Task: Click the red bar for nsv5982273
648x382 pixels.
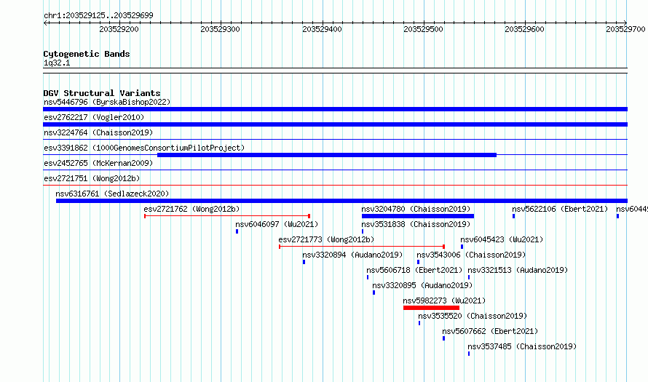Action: [431, 308]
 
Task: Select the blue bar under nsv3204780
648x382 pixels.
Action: [418, 216]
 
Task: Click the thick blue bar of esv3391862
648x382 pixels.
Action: [327, 155]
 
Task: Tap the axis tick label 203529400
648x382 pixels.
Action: [322, 29]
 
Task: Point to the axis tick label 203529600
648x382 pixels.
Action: [524, 29]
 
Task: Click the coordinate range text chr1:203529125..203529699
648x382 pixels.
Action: [98, 15]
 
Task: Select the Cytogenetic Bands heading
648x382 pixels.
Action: [87, 54]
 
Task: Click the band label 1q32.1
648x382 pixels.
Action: [57, 63]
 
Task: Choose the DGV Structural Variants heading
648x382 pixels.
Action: [102, 93]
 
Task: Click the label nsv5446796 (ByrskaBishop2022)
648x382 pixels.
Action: [107, 102]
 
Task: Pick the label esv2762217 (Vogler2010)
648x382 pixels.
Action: [94, 117]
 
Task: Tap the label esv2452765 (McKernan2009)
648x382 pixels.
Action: [98, 163]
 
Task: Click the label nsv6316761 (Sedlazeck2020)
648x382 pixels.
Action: [112, 194]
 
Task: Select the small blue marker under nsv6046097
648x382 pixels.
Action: [237, 231]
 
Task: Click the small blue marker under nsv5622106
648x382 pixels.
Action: [514, 216]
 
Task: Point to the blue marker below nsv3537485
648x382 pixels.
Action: [469, 354]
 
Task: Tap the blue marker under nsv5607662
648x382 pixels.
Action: [444, 338]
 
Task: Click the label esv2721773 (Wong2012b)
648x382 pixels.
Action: [326, 239]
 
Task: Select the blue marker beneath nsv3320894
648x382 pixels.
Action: [304, 262]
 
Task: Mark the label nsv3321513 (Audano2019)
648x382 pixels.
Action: [518, 270]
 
